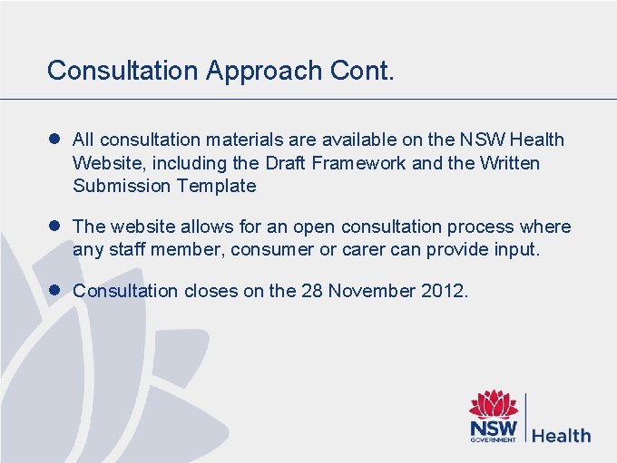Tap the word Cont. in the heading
[367, 71]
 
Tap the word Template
[217, 187]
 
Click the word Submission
[122, 187]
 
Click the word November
[369, 291]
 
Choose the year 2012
[442, 291]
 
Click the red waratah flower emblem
[494, 404]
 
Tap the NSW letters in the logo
[493, 428]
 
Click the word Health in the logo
[561, 435]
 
